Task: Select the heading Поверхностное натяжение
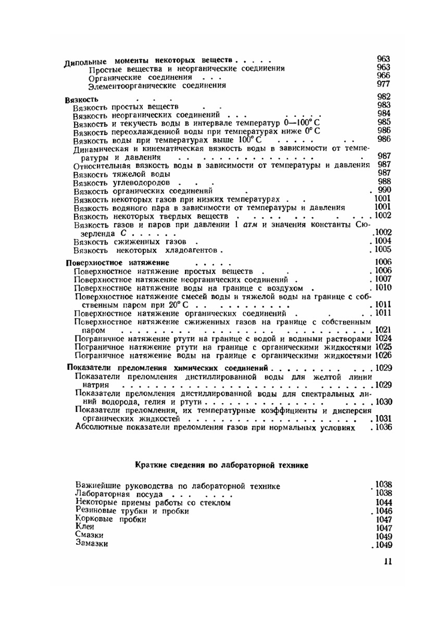click(117, 263)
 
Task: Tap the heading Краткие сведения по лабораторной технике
click(221, 465)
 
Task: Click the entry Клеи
click(85, 527)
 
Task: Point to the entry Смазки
click(89, 535)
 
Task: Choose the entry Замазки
click(91, 543)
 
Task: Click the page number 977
click(383, 84)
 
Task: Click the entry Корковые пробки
click(111, 519)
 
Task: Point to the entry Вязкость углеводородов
click(122, 183)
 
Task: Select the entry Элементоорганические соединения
click(157, 86)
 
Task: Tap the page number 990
click(385, 190)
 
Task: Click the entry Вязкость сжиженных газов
click(129, 242)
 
